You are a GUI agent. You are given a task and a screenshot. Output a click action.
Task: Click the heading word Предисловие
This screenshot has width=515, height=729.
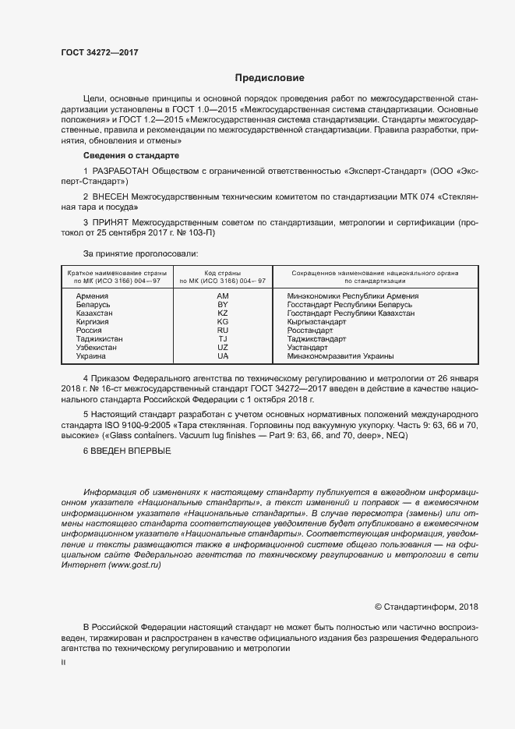270,78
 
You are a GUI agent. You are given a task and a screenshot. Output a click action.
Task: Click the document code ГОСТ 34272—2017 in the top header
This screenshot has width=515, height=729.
99,51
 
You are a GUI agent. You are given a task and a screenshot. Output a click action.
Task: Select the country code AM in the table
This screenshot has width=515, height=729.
223,297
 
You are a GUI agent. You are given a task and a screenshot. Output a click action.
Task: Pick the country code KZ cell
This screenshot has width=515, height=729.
223,313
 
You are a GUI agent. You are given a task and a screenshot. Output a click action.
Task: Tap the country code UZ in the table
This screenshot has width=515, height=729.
223,348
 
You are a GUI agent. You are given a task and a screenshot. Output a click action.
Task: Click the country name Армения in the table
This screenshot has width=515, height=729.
92,297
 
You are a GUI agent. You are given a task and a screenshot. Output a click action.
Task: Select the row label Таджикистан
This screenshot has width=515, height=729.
100,339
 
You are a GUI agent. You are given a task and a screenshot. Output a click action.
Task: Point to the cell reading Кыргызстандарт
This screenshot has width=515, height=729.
316,322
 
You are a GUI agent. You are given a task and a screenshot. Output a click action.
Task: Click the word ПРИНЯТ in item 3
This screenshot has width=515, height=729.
112,222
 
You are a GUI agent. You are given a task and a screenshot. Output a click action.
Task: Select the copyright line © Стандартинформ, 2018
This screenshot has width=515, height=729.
426,607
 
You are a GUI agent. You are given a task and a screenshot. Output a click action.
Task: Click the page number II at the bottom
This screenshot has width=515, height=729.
63,662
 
